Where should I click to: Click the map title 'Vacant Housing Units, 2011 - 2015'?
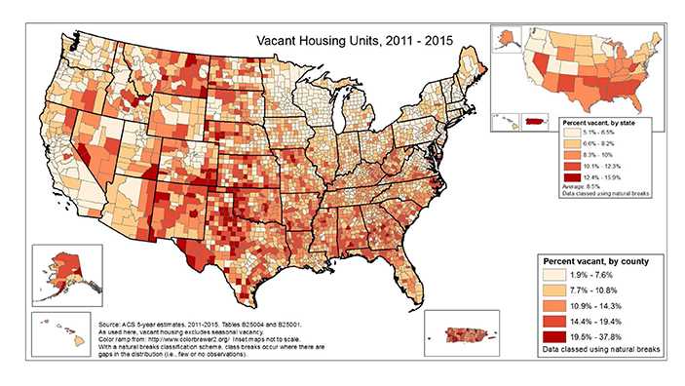tap(355, 43)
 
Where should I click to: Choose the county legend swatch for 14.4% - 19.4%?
tap(555, 319)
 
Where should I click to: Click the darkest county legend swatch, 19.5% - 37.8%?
tap(555, 332)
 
